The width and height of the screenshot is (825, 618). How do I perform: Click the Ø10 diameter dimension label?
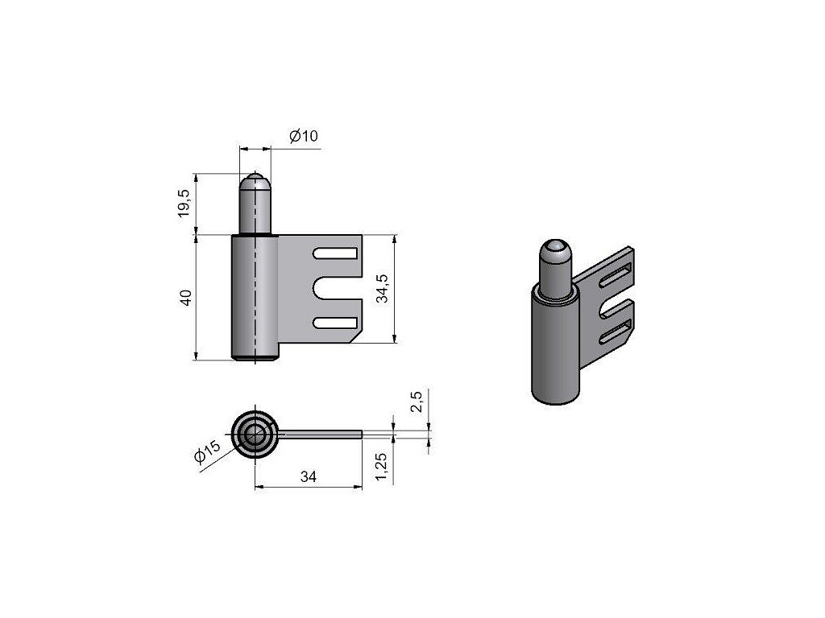(x=304, y=135)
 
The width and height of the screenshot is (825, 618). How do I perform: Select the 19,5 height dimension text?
(x=184, y=204)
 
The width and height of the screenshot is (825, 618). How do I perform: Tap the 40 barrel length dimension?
(x=186, y=298)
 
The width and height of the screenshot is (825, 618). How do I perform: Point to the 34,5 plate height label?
(x=383, y=289)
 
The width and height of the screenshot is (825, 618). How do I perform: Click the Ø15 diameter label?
(x=207, y=451)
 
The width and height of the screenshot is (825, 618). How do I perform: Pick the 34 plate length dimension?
(x=309, y=476)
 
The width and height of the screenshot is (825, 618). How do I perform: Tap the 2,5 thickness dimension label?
(x=417, y=402)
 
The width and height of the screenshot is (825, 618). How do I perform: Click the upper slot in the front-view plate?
(x=335, y=253)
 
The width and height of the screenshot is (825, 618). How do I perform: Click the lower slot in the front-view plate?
(x=335, y=323)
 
